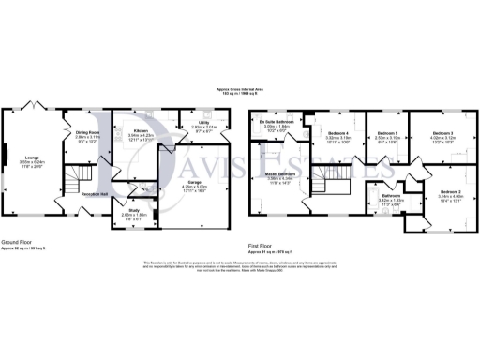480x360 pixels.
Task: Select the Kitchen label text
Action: [x=141, y=130]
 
